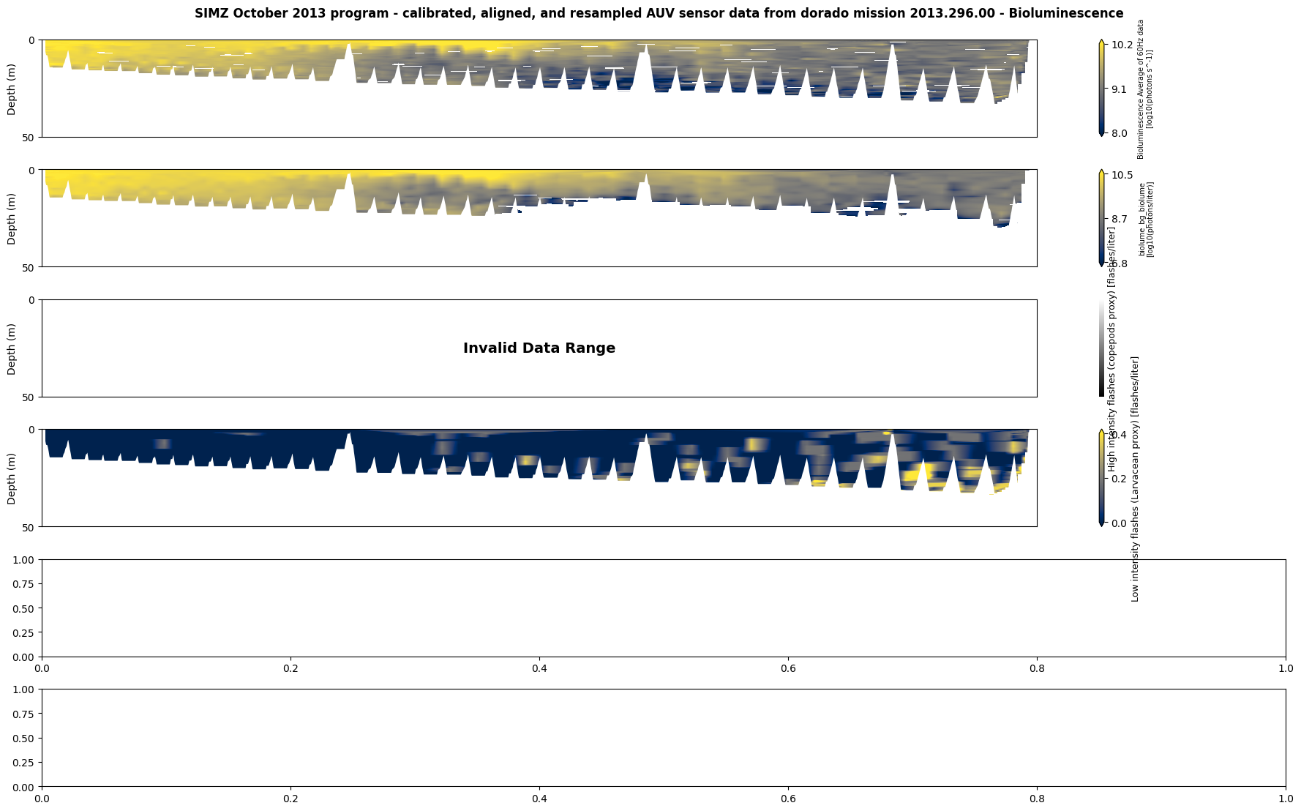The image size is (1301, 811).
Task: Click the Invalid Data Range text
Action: tap(539, 348)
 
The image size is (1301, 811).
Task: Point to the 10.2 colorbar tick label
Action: tap(1122, 45)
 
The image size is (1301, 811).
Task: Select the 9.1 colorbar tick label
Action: tap(1120, 89)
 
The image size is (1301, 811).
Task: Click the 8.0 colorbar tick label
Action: tap(1120, 134)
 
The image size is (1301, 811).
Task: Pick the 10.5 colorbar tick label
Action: tap(1122, 175)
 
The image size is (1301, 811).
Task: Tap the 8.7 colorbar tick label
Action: tap(1120, 219)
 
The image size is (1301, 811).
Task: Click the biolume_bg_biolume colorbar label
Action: tap(1146, 220)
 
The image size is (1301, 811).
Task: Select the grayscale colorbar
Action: tap(1101, 348)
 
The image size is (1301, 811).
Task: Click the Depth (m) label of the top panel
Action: tap(12, 89)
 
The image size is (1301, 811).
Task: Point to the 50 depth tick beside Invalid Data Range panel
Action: tap(30, 397)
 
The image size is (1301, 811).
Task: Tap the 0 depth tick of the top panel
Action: tap(31, 40)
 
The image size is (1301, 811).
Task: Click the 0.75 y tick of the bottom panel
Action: tap(25, 714)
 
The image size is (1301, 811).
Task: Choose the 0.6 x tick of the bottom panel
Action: tap(788, 799)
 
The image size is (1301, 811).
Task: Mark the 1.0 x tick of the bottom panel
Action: tap(1286, 799)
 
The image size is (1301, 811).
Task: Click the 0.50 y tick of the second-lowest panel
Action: tap(25, 608)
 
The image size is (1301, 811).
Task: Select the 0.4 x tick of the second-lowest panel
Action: tap(539, 668)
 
